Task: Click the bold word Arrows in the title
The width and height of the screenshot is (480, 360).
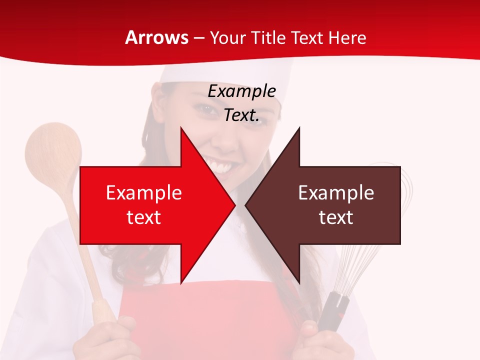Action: point(157,37)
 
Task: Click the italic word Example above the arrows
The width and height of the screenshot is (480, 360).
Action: point(242,91)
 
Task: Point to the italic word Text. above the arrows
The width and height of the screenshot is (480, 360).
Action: point(241,115)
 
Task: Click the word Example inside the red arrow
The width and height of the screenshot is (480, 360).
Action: point(144,192)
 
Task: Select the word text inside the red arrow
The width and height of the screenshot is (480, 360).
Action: point(144,217)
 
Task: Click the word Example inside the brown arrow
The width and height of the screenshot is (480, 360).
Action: point(336,192)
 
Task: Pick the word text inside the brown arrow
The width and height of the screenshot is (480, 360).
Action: point(336,217)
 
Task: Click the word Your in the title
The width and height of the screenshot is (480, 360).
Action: point(227,37)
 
